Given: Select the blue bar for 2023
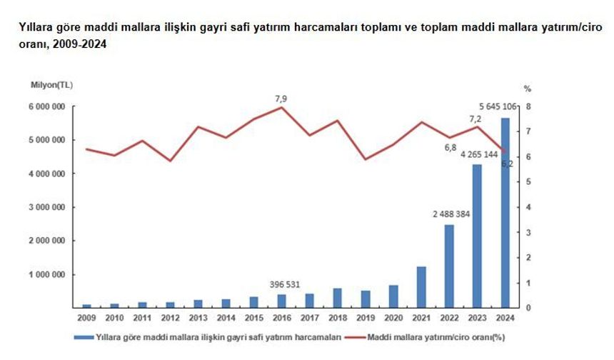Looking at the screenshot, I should coord(478,236).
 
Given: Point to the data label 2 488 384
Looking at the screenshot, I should coord(450,214).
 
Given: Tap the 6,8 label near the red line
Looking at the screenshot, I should coord(450,148).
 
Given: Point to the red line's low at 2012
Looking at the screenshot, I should coord(170,161).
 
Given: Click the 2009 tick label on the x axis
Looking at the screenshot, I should coord(86,316).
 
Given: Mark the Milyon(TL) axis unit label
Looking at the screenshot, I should coord(51,85).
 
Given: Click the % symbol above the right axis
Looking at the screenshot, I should coord(527,89).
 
